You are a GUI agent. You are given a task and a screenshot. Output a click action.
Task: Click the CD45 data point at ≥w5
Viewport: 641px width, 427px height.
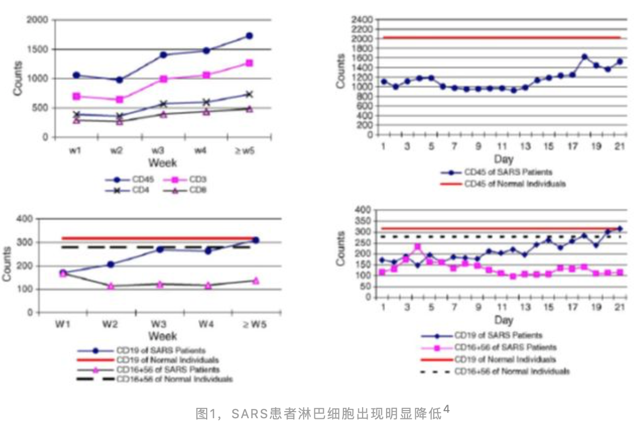click(249, 36)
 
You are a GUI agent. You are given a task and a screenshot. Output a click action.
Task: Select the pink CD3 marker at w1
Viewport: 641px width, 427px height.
click(77, 96)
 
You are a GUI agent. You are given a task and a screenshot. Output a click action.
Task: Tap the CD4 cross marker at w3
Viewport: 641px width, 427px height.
click(163, 103)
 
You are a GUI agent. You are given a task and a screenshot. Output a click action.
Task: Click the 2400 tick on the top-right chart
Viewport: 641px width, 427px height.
click(362, 20)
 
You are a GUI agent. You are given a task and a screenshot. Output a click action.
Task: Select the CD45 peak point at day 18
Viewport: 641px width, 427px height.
click(585, 56)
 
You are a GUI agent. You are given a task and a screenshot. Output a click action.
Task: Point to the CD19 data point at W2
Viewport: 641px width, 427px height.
click(111, 264)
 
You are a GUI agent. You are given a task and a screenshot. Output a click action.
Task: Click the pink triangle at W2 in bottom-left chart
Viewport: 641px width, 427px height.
click(111, 286)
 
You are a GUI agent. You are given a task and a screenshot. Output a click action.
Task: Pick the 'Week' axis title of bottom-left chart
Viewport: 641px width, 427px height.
click(162, 335)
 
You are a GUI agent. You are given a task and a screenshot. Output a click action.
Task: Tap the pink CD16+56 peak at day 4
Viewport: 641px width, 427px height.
click(418, 247)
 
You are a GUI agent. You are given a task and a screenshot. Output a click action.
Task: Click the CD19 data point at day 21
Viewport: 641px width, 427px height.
click(620, 229)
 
